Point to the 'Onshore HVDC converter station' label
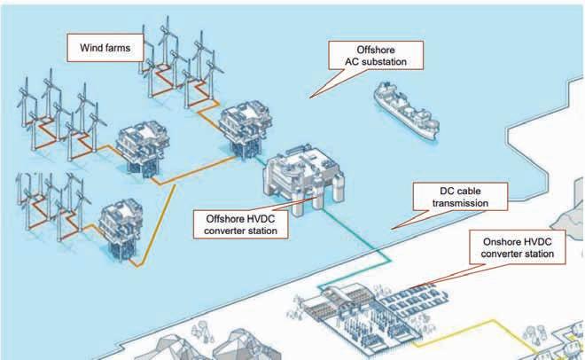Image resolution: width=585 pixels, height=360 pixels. (x=517, y=247)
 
